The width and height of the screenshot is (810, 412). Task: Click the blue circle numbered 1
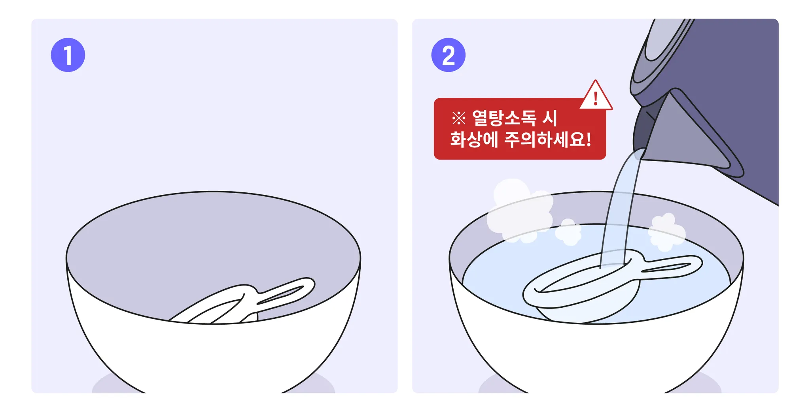[68, 55]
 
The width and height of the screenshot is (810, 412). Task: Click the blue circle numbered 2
[448, 55]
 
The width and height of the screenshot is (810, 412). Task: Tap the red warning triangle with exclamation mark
[596, 96]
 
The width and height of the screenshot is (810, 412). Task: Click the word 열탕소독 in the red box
[504, 118]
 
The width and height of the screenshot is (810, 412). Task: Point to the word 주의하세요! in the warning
[548, 139]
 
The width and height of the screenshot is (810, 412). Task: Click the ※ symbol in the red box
[459, 118]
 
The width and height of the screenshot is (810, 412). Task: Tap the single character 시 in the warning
[550, 118]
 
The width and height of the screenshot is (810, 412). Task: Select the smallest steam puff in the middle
[569, 232]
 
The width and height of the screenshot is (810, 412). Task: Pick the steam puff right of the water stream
[667, 232]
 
